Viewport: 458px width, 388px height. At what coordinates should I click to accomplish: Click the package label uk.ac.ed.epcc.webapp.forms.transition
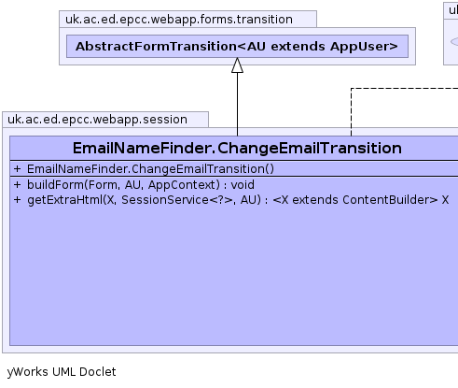point(179,20)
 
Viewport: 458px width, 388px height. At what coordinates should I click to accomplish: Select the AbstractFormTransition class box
point(237,47)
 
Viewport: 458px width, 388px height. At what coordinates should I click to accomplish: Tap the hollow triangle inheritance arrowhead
point(237,65)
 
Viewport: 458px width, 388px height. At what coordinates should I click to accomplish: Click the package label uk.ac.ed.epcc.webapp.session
point(97,120)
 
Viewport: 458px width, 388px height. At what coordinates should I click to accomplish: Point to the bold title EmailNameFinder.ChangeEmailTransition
point(237,148)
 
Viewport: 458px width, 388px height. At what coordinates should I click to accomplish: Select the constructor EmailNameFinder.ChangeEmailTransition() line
point(150,169)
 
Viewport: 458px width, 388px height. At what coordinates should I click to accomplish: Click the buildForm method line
point(133,185)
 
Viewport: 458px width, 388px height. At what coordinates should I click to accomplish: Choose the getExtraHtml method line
point(231,200)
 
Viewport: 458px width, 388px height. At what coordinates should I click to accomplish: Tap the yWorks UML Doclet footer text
point(62,372)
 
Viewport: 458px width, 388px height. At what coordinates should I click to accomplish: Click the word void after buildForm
point(243,185)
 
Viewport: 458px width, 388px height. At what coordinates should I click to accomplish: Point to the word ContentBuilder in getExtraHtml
point(387,200)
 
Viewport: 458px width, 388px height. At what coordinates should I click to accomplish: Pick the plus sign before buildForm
point(17,185)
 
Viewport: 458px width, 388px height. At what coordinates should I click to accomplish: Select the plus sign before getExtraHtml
point(17,200)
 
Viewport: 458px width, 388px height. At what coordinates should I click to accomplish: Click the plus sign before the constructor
point(17,169)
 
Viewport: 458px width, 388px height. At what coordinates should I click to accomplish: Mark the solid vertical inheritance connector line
point(237,105)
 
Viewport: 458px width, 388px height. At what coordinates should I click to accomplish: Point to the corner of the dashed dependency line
point(352,89)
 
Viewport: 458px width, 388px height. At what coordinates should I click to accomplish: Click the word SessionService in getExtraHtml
point(165,200)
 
